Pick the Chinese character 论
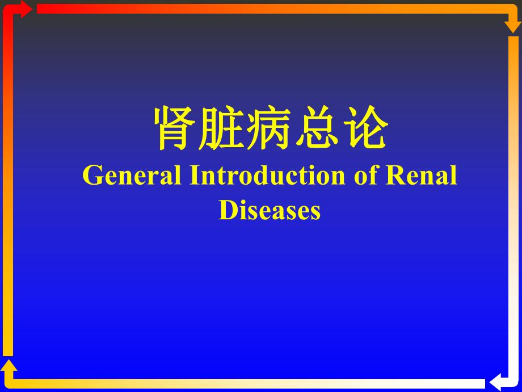coord(364,129)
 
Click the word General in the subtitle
coord(132,176)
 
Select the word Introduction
coord(267,176)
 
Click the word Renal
coord(422,176)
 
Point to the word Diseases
coord(270,210)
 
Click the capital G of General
coord(92,176)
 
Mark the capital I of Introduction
coord(193,176)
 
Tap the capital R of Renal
coord(395,176)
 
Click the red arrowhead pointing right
coord(26,9)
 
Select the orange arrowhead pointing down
coord(513,26)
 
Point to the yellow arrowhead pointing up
coord(9,366)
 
